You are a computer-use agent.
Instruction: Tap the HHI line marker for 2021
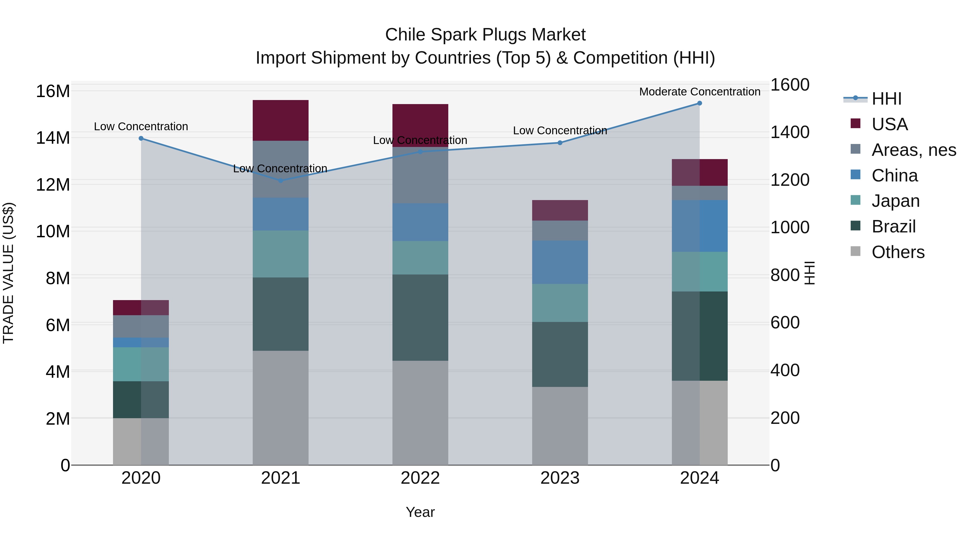(x=281, y=180)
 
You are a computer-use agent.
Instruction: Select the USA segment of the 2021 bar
(x=281, y=121)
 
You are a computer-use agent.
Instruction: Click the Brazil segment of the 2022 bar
(x=420, y=317)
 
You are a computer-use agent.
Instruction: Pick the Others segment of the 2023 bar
(x=560, y=426)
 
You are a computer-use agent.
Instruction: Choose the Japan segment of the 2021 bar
(x=281, y=254)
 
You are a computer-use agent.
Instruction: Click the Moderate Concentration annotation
(x=700, y=92)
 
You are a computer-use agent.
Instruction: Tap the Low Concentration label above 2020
(x=141, y=127)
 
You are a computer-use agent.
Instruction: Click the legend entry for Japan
(x=895, y=201)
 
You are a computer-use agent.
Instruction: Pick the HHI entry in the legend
(x=886, y=99)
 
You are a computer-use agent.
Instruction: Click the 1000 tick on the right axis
(x=790, y=227)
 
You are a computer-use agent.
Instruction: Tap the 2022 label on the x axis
(x=420, y=478)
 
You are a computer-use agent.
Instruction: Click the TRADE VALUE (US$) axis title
(x=9, y=273)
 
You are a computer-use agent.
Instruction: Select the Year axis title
(x=420, y=512)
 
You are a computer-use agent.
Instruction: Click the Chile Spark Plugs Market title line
(x=485, y=35)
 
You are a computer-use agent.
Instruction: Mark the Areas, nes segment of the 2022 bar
(x=420, y=175)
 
